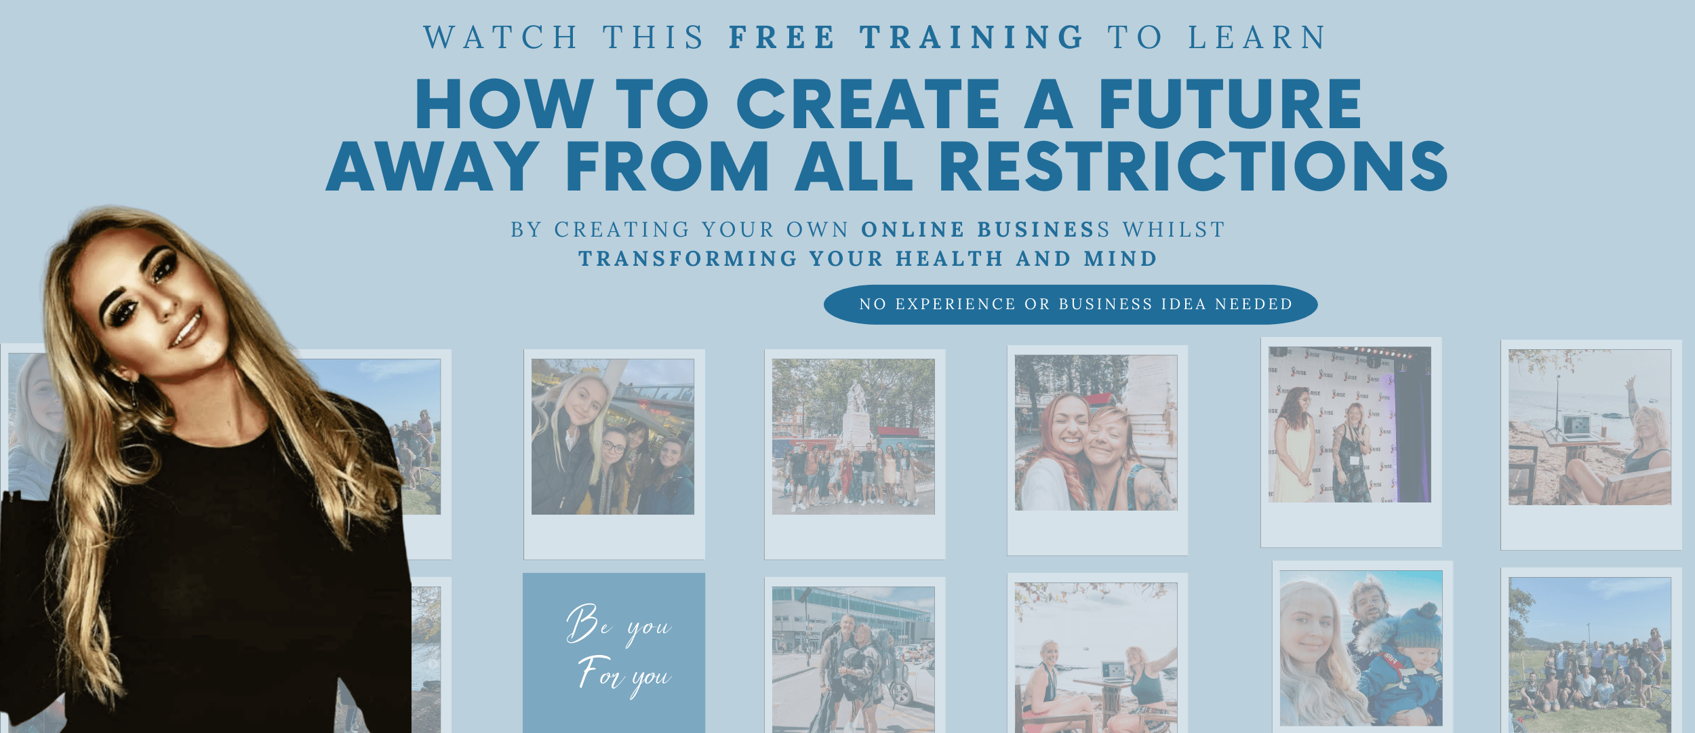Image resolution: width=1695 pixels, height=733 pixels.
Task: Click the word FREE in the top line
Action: pos(782,37)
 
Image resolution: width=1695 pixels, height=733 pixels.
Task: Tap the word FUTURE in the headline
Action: pos(1230,104)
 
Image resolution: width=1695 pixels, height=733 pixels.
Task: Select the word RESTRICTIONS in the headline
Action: pos(1193,166)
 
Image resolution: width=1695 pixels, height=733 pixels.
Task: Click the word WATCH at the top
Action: pos(500,37)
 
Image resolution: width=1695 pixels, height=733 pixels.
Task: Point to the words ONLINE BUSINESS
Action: pos(986,230)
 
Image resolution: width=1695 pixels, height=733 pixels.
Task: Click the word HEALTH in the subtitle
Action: pos(949,259)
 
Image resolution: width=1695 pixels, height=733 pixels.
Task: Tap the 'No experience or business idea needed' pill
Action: pos(1071,304)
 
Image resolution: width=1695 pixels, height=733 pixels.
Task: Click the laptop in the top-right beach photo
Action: pos(1576,427)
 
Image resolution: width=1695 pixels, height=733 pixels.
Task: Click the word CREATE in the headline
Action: pos(869,104)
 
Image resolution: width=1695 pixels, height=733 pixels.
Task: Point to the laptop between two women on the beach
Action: pos(1113,673)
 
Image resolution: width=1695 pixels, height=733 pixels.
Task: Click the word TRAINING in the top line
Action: pos(972,37)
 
